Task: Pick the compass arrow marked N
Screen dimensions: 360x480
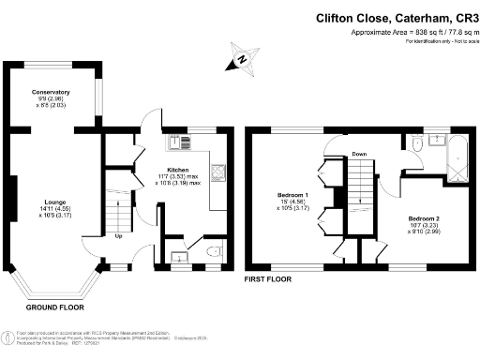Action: [240, 61]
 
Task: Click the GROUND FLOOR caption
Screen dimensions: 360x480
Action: [55, 307]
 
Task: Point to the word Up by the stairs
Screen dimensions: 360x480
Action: [118, 235]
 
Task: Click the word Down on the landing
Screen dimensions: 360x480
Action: [359, 153]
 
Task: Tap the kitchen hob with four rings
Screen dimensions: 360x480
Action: [218, 172]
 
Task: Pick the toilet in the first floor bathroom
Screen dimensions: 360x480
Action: [416, 142]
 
